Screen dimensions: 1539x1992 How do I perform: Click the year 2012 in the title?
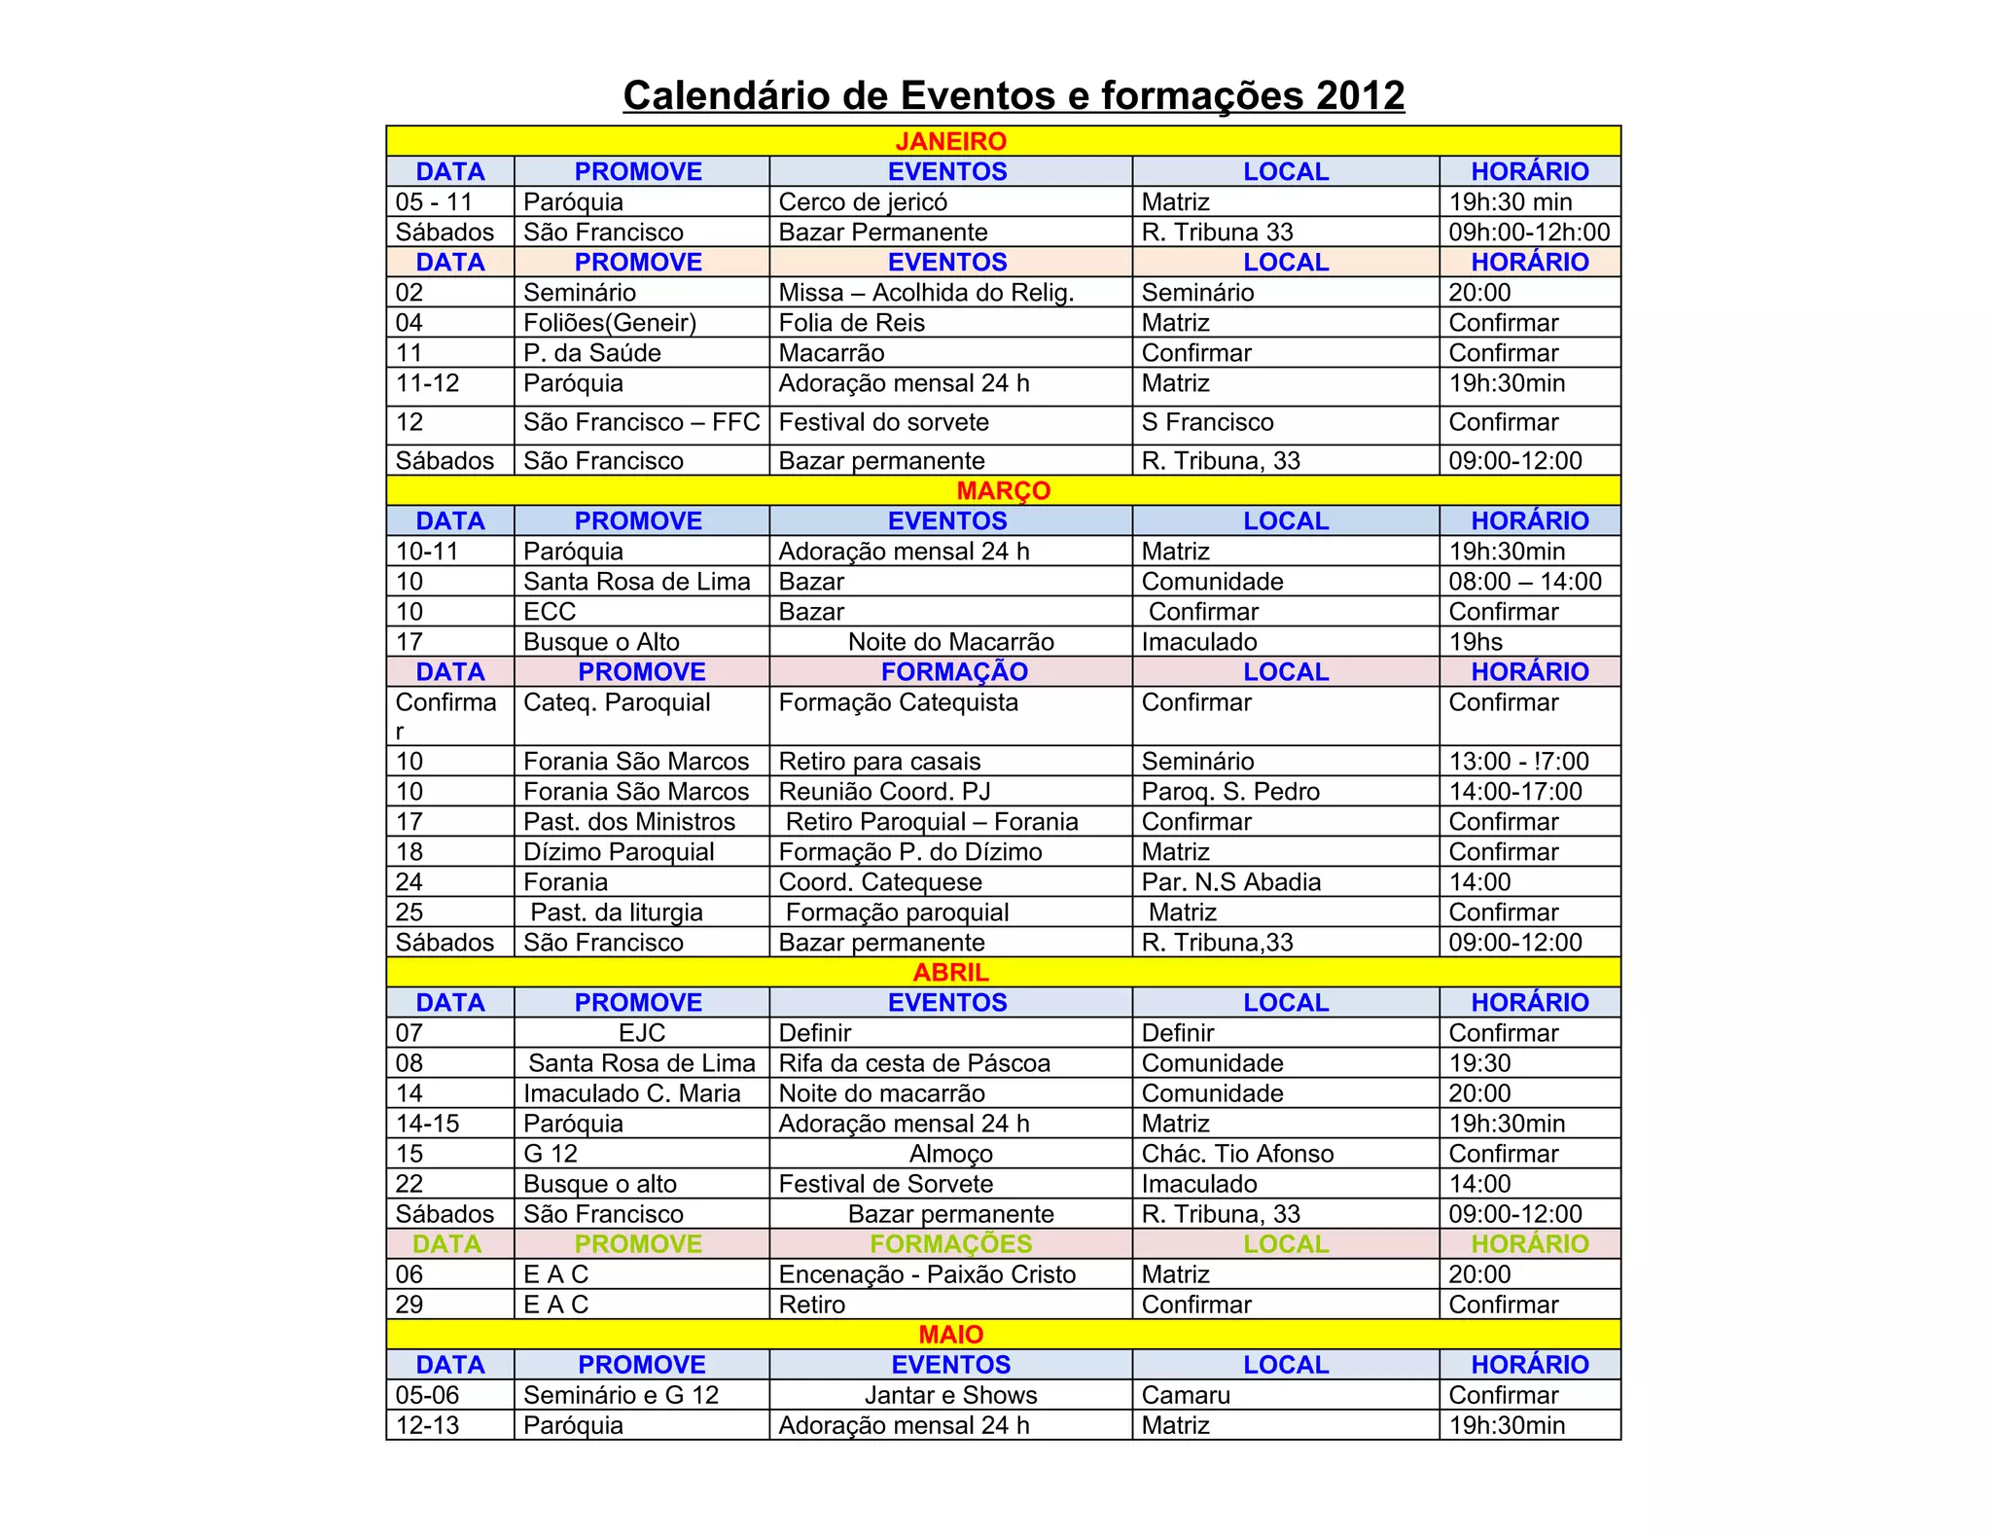1360,95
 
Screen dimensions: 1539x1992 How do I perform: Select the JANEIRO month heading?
950,141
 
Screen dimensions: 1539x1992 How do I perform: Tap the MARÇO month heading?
1003,490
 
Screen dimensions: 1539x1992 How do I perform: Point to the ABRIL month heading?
950,972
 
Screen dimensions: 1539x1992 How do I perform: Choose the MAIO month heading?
950,1334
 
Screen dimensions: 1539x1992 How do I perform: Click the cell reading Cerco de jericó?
863,202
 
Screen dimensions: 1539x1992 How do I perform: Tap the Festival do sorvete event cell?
883,422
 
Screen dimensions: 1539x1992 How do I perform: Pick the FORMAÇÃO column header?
953,672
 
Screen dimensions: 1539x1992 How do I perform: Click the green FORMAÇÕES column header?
950,1244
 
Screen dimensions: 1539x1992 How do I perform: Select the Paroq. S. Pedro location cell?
1230,792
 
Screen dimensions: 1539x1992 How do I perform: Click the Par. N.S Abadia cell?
1230,882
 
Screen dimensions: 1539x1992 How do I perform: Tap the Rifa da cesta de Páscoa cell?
914,1063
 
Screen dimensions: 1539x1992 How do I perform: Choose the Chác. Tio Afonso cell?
1237,1154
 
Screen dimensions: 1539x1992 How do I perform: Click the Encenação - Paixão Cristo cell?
927,1274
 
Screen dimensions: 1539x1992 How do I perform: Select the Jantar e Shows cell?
950,1395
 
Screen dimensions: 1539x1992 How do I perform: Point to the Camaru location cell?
1186,1395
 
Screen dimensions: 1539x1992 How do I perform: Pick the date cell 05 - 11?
434,202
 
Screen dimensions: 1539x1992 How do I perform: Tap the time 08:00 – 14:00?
1524,582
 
